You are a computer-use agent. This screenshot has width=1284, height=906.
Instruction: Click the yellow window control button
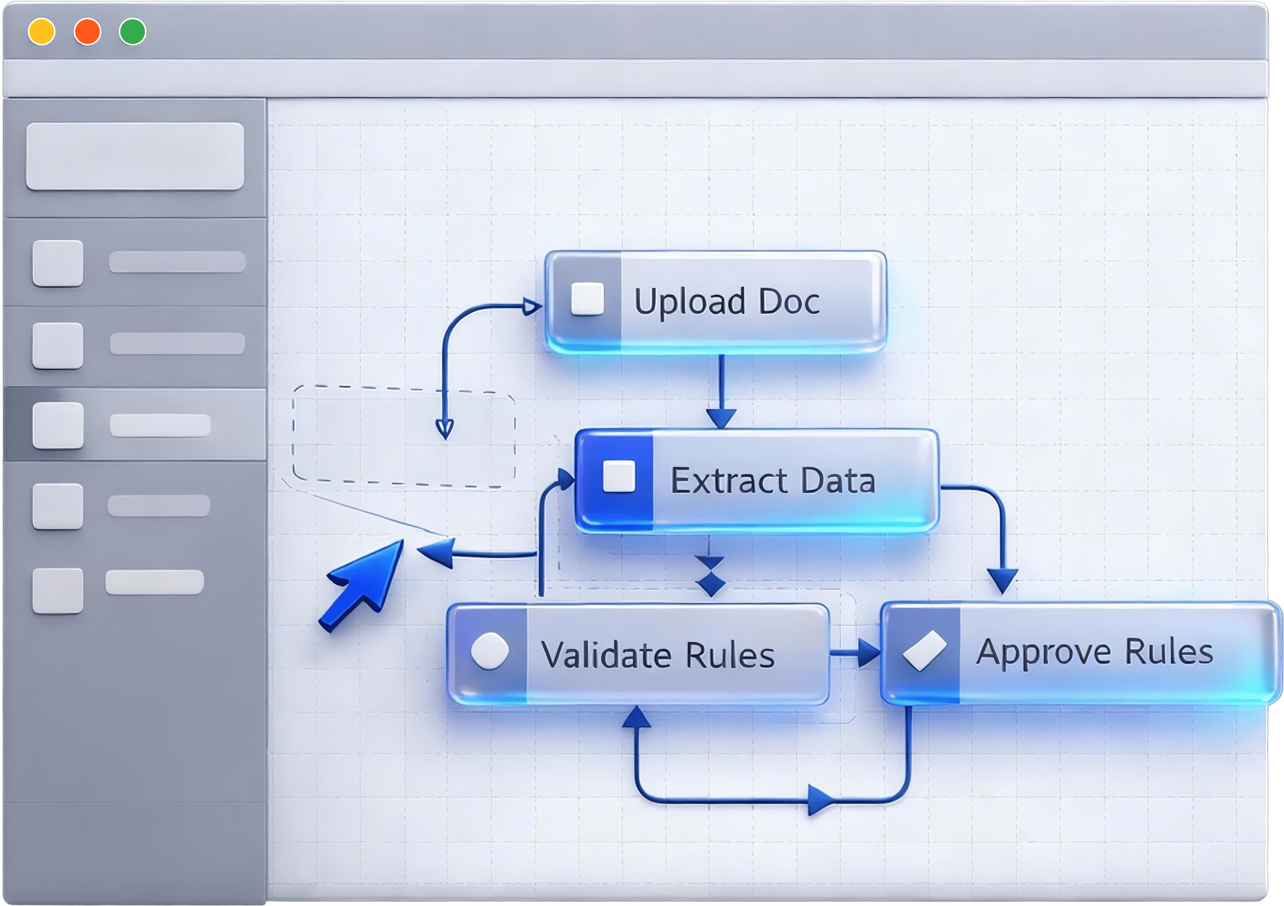point(41,31)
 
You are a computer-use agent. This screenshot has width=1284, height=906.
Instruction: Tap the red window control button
point(87,31)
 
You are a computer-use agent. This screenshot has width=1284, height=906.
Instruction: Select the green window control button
point(133,31)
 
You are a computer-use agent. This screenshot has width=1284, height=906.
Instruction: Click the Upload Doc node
point(716,302)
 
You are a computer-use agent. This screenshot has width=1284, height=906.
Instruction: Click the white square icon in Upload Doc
point(587,299)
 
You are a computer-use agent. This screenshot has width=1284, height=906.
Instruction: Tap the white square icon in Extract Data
point(619,477)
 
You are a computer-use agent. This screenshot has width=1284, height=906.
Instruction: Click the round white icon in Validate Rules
point(490,651)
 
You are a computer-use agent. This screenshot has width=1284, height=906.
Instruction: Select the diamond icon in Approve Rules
point(924,650)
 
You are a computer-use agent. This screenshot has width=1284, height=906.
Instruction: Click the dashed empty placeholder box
point(404,436)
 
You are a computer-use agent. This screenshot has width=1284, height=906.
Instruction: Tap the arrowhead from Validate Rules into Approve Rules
point(868,653)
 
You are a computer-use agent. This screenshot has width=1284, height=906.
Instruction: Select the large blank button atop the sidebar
point(135,156)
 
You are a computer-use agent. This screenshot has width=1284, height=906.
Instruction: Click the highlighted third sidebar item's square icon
point(58,425)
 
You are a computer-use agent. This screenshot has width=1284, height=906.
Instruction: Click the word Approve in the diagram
point(1043,652)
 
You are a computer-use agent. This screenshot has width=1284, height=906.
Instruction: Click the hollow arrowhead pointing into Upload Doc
point(531,306)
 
